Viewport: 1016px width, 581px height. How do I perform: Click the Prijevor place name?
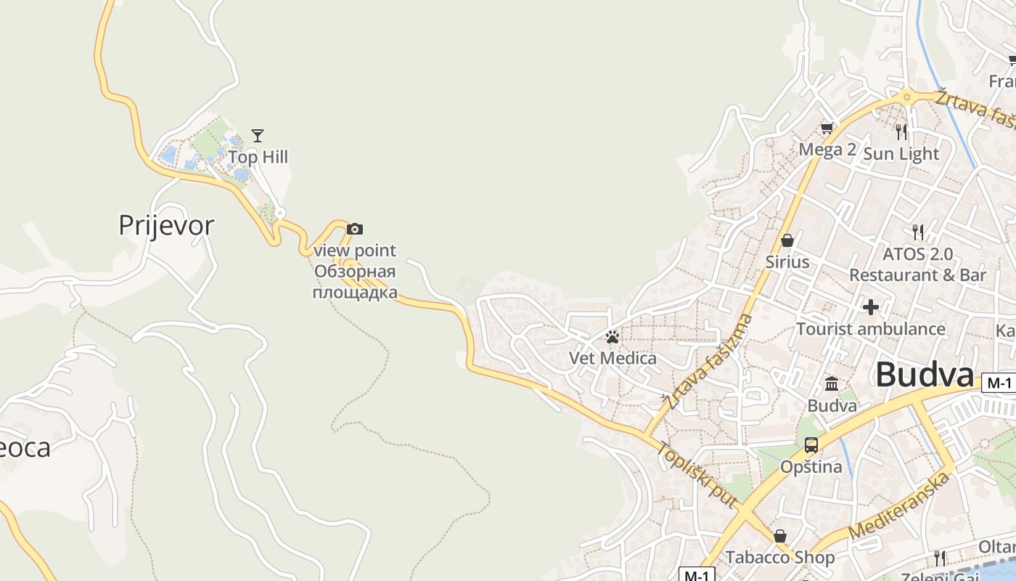166,225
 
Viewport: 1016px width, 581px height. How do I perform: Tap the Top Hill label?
258,157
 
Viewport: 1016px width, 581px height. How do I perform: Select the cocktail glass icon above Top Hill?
258,135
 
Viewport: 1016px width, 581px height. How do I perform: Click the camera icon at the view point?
354,229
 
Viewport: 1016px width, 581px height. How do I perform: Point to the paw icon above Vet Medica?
613,337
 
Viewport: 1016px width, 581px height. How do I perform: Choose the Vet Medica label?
613,358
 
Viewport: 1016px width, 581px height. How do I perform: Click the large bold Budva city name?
924,375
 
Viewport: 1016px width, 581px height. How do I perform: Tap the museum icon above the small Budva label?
832,383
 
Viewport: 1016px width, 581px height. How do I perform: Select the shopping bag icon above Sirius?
787,240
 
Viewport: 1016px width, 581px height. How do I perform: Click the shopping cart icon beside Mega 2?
827,129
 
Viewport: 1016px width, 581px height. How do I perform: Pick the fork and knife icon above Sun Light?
901,131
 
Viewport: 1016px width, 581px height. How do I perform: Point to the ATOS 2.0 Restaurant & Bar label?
917,264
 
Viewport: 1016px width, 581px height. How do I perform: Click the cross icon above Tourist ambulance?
871,307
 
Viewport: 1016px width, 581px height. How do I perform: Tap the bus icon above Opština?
811,445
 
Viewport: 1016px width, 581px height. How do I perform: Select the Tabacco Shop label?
779,558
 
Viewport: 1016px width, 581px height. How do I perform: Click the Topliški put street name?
697,475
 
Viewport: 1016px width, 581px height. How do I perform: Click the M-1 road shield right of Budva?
999,383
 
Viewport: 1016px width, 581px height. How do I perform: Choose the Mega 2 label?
827,150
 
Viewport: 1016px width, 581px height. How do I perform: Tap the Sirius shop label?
787,261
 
